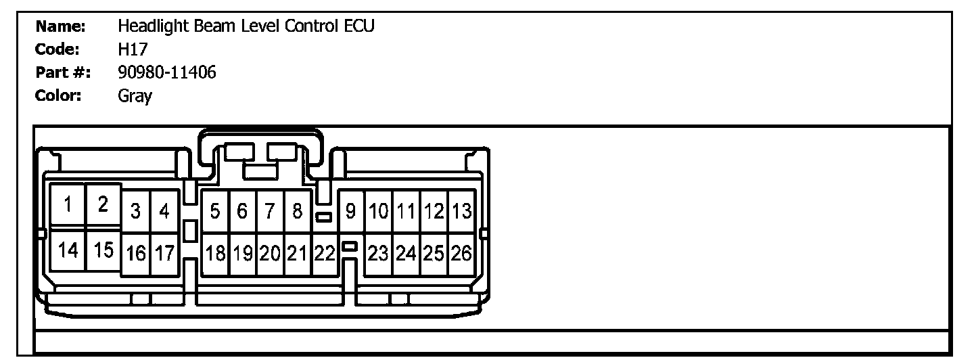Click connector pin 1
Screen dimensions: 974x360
68,204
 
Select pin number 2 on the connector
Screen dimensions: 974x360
103,204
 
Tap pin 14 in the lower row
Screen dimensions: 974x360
68,250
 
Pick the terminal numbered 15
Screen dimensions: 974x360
103,250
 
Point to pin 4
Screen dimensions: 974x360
164,212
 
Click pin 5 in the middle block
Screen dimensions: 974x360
214,212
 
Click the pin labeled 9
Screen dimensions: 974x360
350,212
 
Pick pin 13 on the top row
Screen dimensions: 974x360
461,212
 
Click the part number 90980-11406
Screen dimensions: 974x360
166,72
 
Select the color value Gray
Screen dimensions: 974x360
135,96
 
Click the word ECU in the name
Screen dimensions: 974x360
358,26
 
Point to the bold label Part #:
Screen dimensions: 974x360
64,72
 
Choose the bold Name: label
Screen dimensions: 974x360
60,26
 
